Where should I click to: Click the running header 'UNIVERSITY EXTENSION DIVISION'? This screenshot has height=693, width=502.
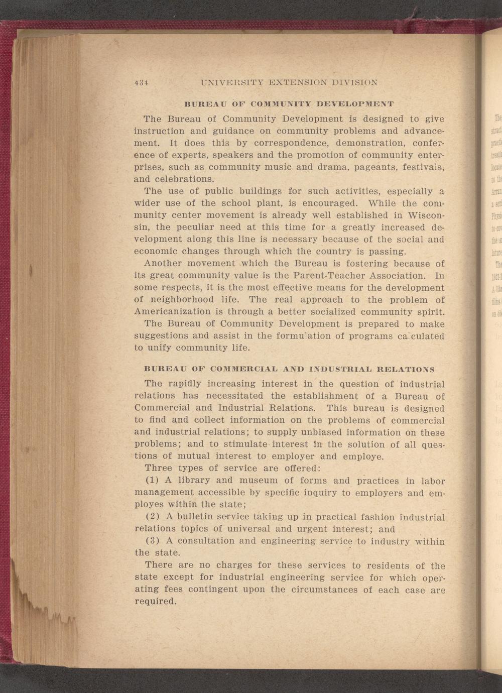[x=289, y=82]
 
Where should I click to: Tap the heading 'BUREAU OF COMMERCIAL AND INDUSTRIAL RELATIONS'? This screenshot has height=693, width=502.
[x=289, y=369]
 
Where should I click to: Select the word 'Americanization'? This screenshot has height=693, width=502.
[x=173, y=312]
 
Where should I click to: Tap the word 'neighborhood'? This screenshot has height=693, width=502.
[x=180, y=300]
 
